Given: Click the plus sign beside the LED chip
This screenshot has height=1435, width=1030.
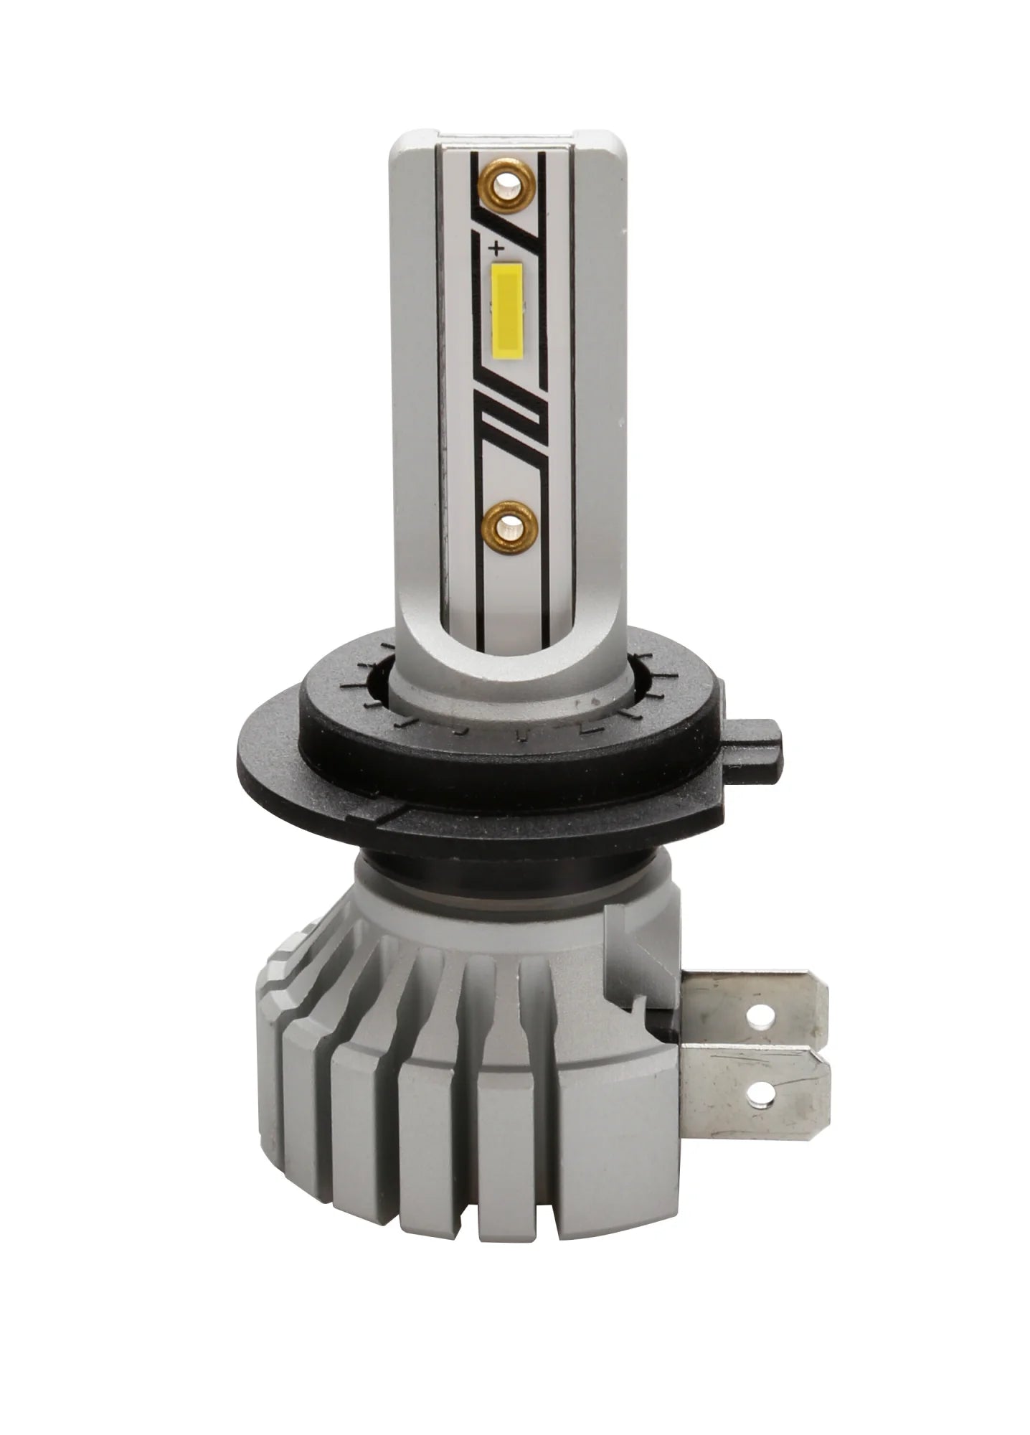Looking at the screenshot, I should tap(495, 249).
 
